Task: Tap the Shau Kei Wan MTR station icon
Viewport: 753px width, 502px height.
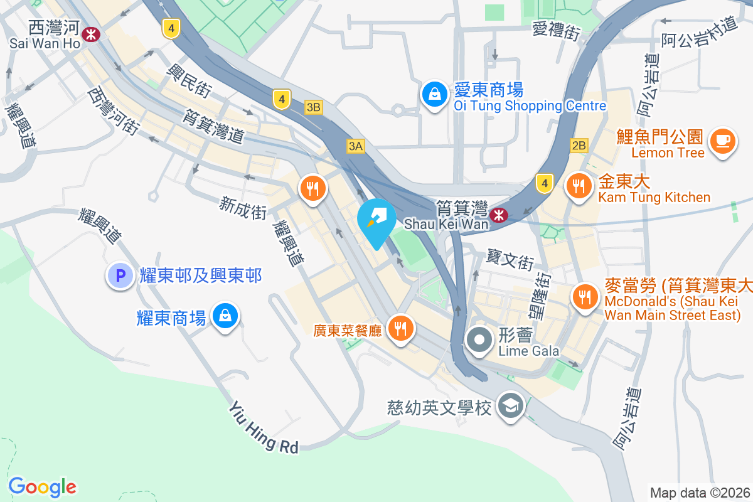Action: [499, 215]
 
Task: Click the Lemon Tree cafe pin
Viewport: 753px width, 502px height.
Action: [723, 141]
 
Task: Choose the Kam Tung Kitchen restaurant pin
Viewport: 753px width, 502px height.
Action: [579, 186]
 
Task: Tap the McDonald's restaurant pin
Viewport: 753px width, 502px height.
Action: [585, 296]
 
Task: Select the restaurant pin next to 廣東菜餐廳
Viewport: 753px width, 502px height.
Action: [399, 328]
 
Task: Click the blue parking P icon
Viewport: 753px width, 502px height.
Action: [119, 275]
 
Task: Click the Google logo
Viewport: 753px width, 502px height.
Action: [42, 486]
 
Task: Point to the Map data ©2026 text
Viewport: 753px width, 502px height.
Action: [700, 493]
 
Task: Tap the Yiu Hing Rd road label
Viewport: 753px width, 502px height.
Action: [264, 427]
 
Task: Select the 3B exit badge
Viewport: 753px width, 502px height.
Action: [314, 107]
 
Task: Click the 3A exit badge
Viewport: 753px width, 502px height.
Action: [355, 146]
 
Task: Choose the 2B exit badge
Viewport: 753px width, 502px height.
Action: [579, 146]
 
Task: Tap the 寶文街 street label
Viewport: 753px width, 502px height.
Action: [510, 259]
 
